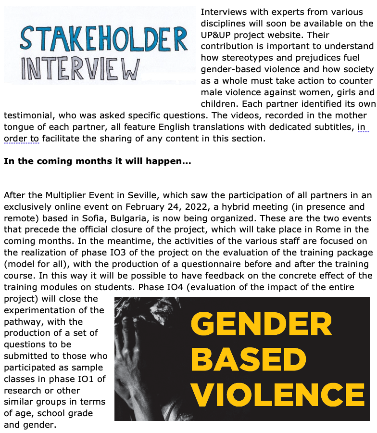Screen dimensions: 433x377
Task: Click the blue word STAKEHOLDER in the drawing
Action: [103, 39]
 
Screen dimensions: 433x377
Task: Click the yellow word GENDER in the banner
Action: [262, 324]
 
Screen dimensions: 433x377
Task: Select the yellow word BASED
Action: [251, 359]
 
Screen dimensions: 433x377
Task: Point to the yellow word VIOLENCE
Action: [278, 394]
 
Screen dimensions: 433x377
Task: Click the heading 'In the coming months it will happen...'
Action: [97, 162]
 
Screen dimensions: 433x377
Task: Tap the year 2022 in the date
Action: [206, 207]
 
